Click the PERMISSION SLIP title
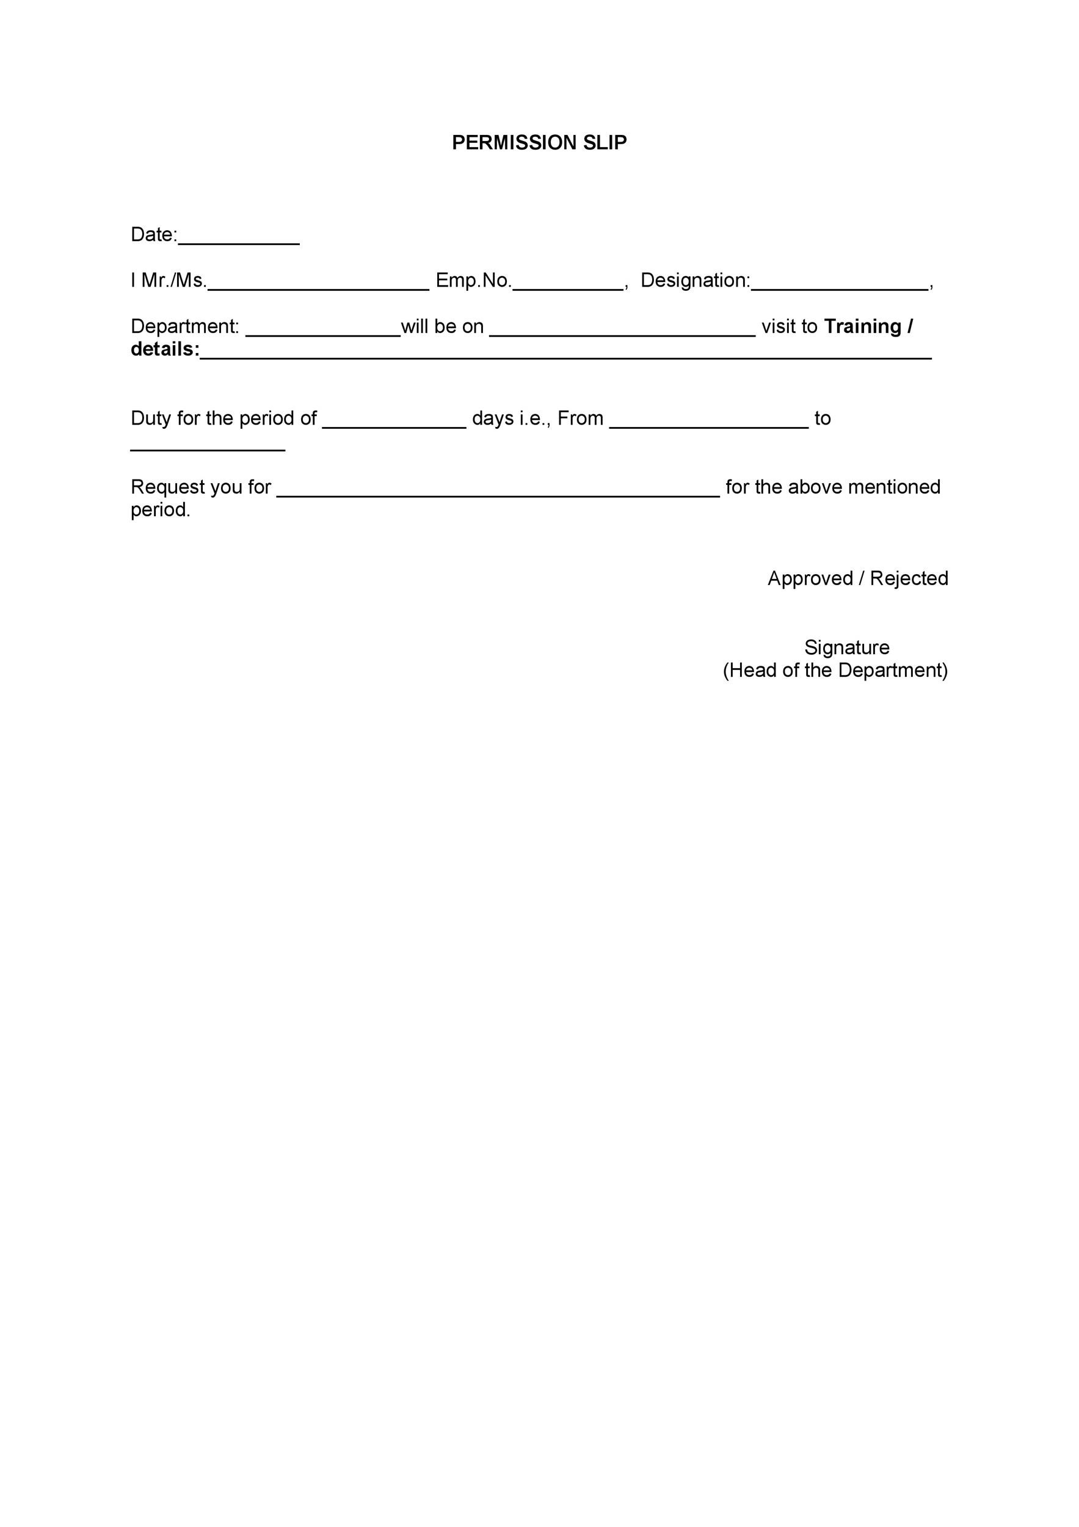pos(539,142)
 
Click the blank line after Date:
pos(239,239)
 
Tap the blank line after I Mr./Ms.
pos(318,285)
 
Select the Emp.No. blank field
pos(568,285)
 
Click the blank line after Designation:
pos(839,285)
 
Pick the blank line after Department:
pos(322,330)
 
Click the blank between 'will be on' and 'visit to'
pos(622,330)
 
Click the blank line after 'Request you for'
pos(497,492)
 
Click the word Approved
pos(810,578)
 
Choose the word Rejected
pos(908,578)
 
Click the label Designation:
pos(695,280)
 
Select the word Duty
pos(151,418)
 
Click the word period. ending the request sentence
pos(160,510)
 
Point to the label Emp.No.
pos(473,280)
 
